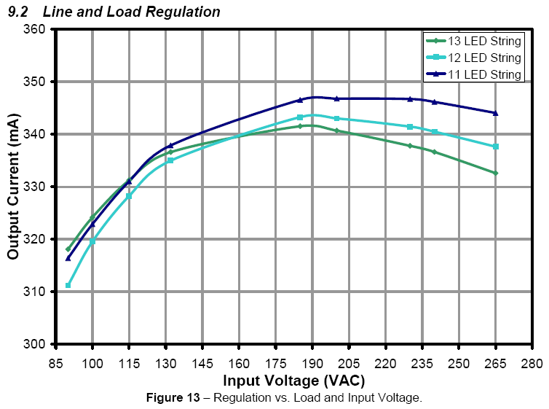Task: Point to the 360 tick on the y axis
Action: [x=37, y=29]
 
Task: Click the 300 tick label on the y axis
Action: [x=37, y=344]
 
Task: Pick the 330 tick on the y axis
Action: [x=37, y=187]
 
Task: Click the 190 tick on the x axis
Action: [x=312, y=363]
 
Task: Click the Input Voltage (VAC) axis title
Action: [x=293, y=380]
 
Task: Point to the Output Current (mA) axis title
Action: [x=13, y=187]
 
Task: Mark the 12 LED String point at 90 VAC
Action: [x=68, y=285]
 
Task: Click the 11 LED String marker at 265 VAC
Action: [x=496, y=113]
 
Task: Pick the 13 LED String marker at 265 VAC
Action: [x=496, y=173]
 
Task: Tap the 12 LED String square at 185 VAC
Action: [x=300, y=117]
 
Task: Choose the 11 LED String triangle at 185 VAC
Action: [x=300, y=100]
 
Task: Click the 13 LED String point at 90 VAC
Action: [x=68, y=249]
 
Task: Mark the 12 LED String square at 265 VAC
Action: [x=496, y=147]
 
